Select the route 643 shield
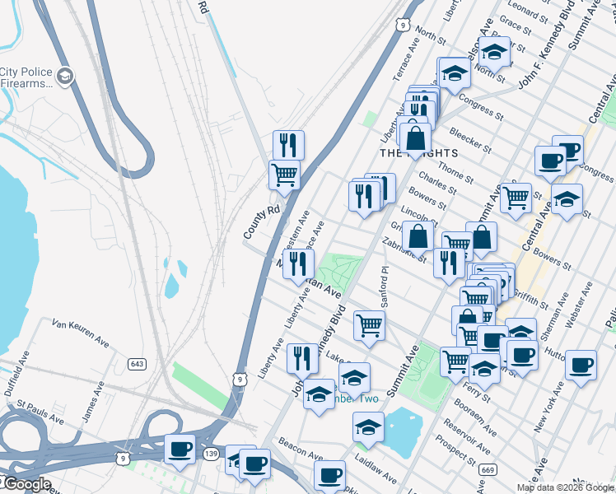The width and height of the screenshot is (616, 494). [137, 363]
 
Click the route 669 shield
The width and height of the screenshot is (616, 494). [488, 469]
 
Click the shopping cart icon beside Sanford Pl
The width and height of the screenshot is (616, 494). [370, 324]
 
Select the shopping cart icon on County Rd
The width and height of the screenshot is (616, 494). [284, 174]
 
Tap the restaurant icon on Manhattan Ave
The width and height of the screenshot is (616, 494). [298, 263]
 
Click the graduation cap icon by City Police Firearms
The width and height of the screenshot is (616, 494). [66, 77]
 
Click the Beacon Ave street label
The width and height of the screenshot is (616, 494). [300, 454]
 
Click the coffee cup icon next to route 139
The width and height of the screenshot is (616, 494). [180, 450]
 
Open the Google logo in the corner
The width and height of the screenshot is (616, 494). [26, 484]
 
